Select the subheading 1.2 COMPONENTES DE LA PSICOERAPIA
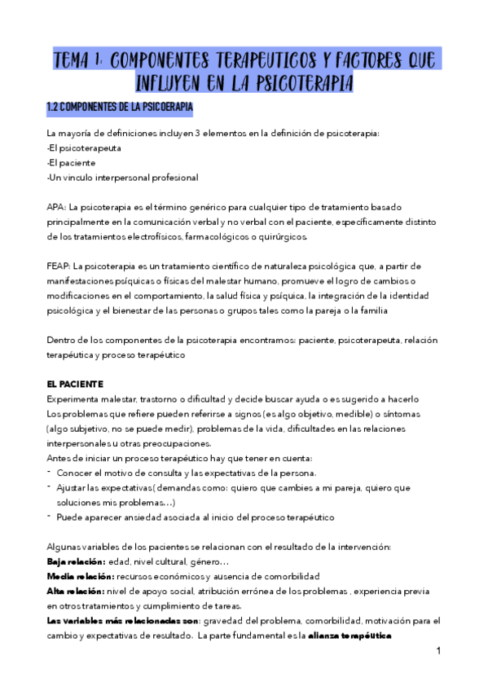pyautogui.click(x=119, y=108)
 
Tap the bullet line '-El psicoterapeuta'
pyautogui.click(x=86, y=148)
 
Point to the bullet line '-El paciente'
pyautogui.click(x=73, y=163)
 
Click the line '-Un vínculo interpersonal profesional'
pyautogui.click(x=122, y=178)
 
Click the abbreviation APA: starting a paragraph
pyautogui.click(x=59, y=207)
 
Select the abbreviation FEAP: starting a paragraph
pyautogui.click(x=59, y=266)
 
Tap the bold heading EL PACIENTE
pyautogui.click(x=76, y=383)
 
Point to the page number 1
pyautogui.click(x=437, y=651)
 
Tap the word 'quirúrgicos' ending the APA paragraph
pyautogui.click(x=280, y=236)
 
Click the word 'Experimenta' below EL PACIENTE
pyautogui.click(x=76, y=398)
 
